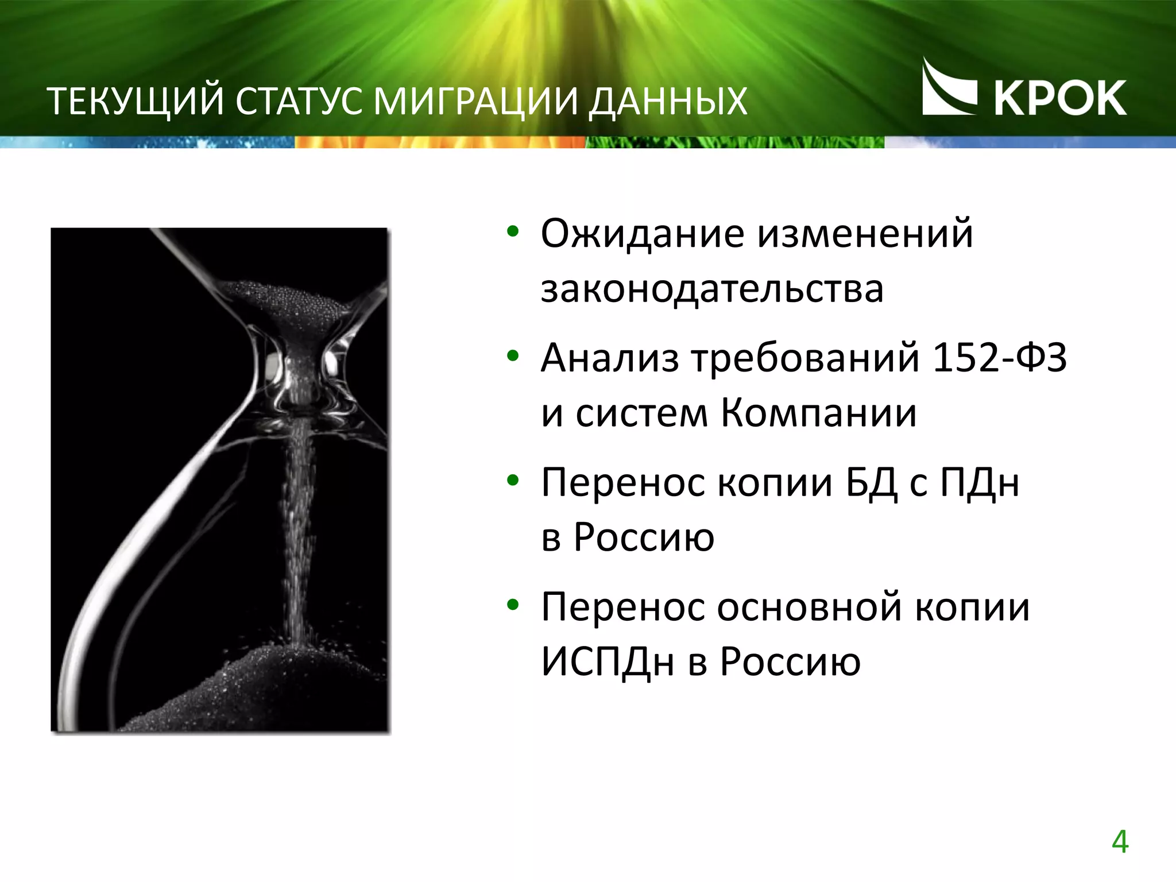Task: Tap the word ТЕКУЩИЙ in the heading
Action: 134,102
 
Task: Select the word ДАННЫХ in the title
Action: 668,102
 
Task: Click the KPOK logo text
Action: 1060,98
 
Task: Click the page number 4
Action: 1120,842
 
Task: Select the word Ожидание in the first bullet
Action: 641,234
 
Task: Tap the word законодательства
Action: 712,289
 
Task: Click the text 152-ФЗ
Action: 999,358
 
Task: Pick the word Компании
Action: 818,413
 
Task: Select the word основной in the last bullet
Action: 809,607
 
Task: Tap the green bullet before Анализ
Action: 512,357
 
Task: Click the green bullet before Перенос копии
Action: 512,481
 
